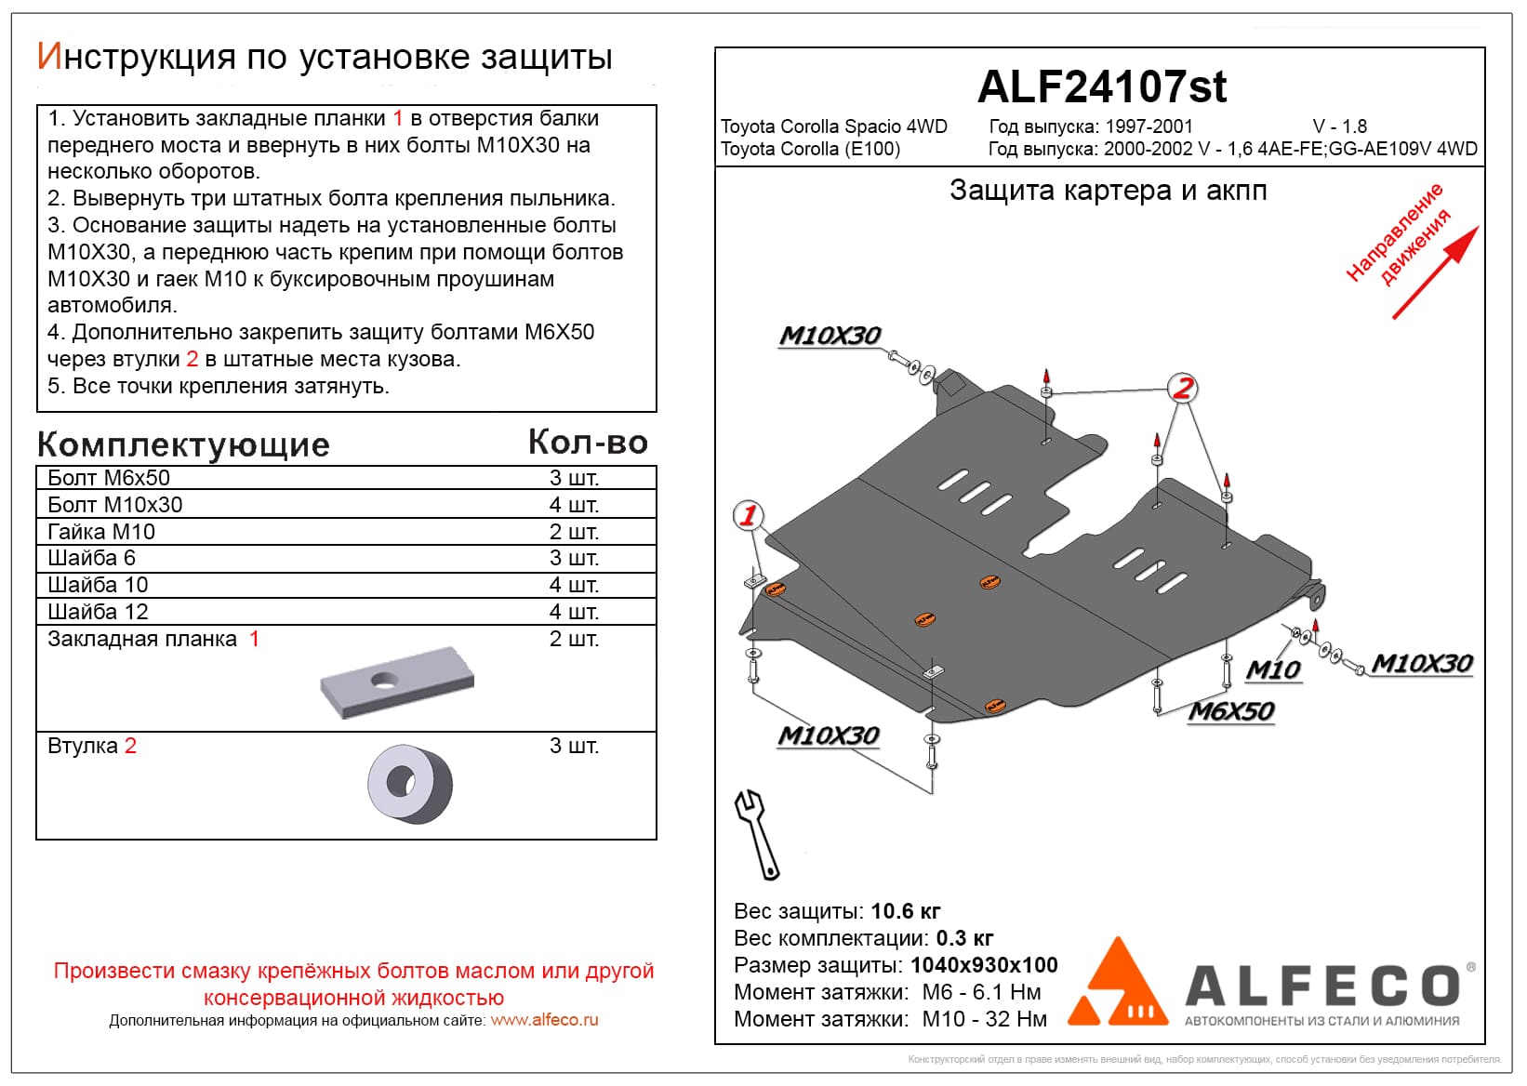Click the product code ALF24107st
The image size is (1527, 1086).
pyautogui.click(x=1101, y=86)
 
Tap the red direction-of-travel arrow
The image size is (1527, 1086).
pyautogui.click(x=1437, y=272)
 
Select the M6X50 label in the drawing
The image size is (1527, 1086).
pyautogui.click(x=1231, y=711)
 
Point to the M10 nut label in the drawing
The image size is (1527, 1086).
pyautogui.click(x=1272, y=669)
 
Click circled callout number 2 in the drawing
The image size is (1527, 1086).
pyautogui.click(x=1182, y=388)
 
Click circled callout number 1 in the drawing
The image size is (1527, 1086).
pyautogui.click(x=749, y=515)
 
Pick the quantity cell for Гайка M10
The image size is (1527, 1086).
pyautogui.click(x=574, y=532)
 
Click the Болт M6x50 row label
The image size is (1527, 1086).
pyautogui.click(x=109, y=478)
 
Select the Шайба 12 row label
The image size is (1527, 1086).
pyautogui.click(x=98, y=612)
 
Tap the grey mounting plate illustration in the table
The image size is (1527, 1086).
pyautogui.click(x=396, y=682)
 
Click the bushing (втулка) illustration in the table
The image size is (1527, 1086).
pyautogui.click(x=409, y=783)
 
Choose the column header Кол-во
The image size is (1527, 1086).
pyautogui.click(x=588, y=443)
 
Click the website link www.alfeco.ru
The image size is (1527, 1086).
pyautogui.click(x=544, y=1020)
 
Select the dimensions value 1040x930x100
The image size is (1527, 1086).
pyautogui.click(x=984, y=965)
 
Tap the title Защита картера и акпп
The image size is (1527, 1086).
pyautogui.click(x=1108, y=191)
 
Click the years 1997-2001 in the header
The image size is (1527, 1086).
pyautogui.click(x=1149, y=126)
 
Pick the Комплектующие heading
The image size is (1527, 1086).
pyautogui.click(x=183, y=444)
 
